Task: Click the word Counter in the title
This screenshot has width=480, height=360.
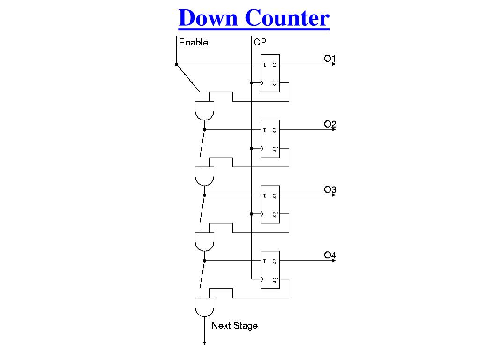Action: (x=286, y=18)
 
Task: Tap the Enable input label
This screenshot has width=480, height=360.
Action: (x=193, y=43)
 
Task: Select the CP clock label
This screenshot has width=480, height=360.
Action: (x=260, y=43)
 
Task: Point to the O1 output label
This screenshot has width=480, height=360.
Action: (x=330, y=59)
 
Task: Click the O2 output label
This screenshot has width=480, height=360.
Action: (x=330, y=124)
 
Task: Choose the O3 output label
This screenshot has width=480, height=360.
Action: (x=330, y=190)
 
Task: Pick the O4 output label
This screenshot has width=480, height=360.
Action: (x=330, y=255)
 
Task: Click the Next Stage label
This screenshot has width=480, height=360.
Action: (x=234, y=325)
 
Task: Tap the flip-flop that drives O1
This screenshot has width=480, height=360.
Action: (x=270, y=73)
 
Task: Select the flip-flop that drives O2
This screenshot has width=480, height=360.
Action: (x=270, y=139)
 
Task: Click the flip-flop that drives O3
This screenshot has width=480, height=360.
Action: (x=270, y=204)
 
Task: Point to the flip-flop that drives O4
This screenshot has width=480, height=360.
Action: (x=270, y=270)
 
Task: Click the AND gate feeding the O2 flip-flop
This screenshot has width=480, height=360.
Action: (x=204, y=111)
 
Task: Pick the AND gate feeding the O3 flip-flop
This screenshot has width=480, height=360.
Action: (x=204, y=176)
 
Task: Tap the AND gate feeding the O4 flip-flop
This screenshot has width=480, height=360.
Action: (x=204, y=241)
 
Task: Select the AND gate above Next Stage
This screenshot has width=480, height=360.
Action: (x=204, y=307)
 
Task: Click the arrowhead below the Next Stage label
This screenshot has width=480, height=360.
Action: (x=204, y=343)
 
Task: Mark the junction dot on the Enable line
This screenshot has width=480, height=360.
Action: (x=176, y=64)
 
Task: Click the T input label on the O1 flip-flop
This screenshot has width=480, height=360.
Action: (x=264, y=65)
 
